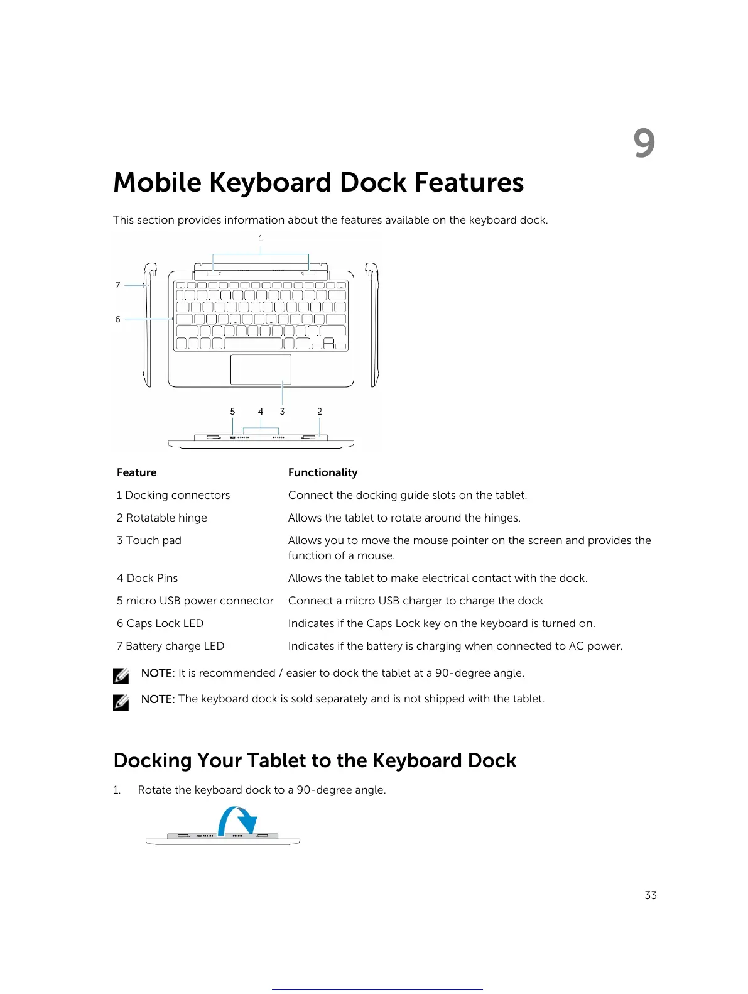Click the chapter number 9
click(644, 143)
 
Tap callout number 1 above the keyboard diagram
click(261, 239)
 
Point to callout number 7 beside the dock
click(118, 285)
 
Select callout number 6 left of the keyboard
click(118, 319)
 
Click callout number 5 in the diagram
click(232, 412)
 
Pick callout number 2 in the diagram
click(320, 412)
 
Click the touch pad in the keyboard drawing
click(261, 369)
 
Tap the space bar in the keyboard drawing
click(252, 344)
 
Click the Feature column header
click(137, 472)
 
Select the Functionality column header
click(323, 472)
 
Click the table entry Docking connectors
click(173, 495)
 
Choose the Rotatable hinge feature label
click(162, 518)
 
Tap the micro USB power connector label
click(195, 601)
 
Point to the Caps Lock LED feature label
click(160, 623)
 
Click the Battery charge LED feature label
click(170, 646)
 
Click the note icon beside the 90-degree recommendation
click(121, 675)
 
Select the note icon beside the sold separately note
click(121, 702)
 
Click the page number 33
click(651, 895)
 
